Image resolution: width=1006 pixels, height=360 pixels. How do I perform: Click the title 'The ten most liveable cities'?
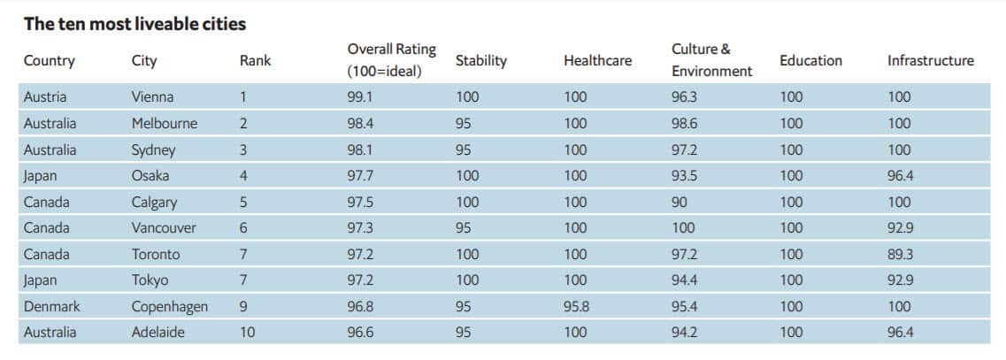point(134,23)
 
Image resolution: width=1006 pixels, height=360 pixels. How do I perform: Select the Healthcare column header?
point(597,61)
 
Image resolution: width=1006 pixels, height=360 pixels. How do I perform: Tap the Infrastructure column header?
point(930,61)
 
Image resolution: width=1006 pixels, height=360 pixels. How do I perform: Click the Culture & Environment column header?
point(711,60)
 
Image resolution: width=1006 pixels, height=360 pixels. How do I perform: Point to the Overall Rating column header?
point(391,60)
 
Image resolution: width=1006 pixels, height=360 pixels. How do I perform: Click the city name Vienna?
point(152,97)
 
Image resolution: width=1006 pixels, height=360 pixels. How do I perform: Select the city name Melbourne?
point(164,124)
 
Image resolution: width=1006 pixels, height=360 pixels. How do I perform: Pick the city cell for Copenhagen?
point(169,306)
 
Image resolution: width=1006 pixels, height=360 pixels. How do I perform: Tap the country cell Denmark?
point(51,306)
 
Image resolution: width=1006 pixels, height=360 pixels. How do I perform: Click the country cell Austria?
point(45,97)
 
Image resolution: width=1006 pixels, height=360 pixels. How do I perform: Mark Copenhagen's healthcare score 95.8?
point(578,306)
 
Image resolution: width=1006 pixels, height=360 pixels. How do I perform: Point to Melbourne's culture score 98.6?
point(686,124)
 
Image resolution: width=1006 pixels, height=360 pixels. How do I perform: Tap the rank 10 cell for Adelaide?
point(248,333)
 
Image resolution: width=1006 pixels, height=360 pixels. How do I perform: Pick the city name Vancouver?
point(164,228)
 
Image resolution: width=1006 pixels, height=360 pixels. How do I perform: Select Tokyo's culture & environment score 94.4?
point(686,280)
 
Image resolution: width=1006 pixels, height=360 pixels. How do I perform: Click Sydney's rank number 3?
point(243,149)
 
